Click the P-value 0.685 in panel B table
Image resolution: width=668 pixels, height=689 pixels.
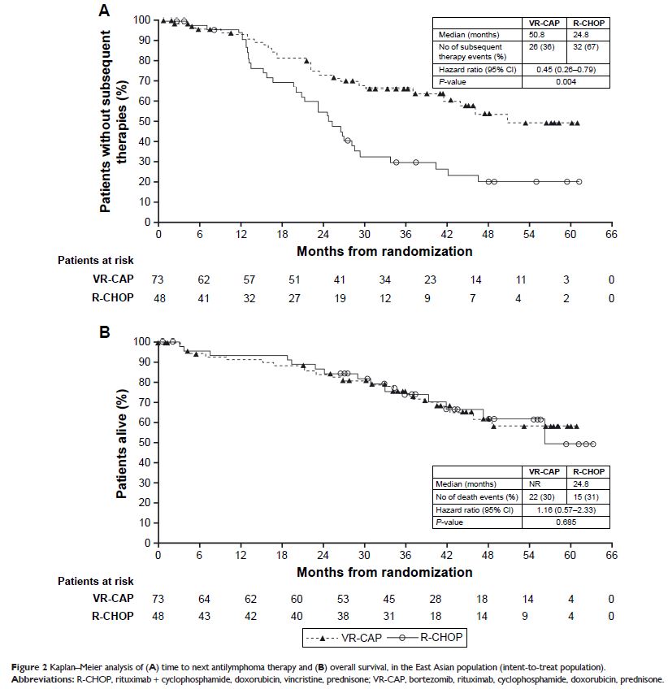564,522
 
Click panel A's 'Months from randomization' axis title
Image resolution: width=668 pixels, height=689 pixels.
384,251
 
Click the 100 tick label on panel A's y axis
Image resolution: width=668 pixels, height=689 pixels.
143,19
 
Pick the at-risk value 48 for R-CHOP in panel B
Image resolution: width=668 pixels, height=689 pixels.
158,617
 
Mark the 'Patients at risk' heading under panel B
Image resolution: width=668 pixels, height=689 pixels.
95,581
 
